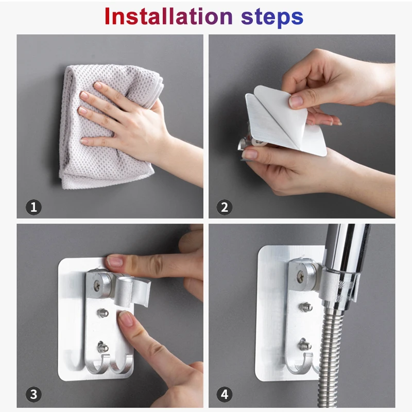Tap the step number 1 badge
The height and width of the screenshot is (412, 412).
[x=33, y=208]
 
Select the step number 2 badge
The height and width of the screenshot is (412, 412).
[x=225, y=208]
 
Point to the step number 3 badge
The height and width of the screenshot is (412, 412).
[x=33, y=394]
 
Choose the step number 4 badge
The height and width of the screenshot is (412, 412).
[x=225, y=394]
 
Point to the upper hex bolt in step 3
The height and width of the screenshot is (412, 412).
[x=102, y=313]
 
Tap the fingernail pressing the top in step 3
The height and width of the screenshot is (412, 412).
[x=114, y=262]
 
